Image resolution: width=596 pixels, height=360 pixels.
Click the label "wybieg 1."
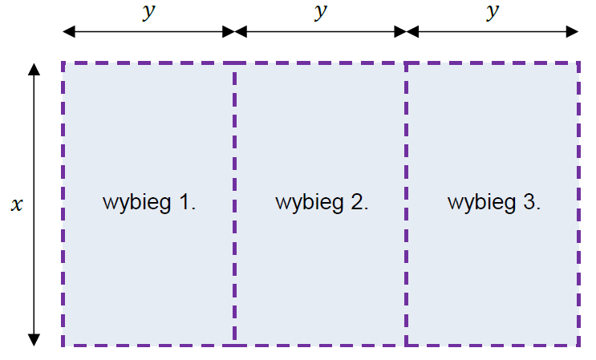click(149, 203)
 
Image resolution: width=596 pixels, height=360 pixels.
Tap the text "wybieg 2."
click(322, 203)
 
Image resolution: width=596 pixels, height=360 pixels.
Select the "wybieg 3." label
click(494, 203)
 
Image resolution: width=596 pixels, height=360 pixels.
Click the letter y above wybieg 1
click(149, 12)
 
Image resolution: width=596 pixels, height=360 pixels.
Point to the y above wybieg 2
click(321, 12)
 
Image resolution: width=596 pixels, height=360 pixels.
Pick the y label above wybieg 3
click(493, 12)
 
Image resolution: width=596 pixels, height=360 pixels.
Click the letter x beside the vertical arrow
click(17, 205)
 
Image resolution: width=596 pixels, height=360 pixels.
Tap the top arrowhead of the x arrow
click(34, 69)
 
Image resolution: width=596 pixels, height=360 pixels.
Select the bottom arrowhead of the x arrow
click(34, 340)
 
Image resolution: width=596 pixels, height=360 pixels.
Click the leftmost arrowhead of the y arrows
click(68, 31)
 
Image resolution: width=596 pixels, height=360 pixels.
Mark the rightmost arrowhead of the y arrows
click(572, 31)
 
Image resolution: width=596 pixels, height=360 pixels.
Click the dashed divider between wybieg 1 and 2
click(234, 204)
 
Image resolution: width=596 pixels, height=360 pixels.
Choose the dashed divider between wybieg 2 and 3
click(407, 204)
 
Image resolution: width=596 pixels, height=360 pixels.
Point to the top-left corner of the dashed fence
click(63, 63)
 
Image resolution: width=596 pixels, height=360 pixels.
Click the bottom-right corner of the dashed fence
click(578, 345)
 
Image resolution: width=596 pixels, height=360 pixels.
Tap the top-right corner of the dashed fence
click(578, 63)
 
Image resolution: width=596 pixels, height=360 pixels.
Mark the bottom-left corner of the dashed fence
click(63, 345)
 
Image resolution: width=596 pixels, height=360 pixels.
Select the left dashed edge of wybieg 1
click(63, 204)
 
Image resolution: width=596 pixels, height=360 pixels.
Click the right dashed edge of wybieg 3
click(578, 204)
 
